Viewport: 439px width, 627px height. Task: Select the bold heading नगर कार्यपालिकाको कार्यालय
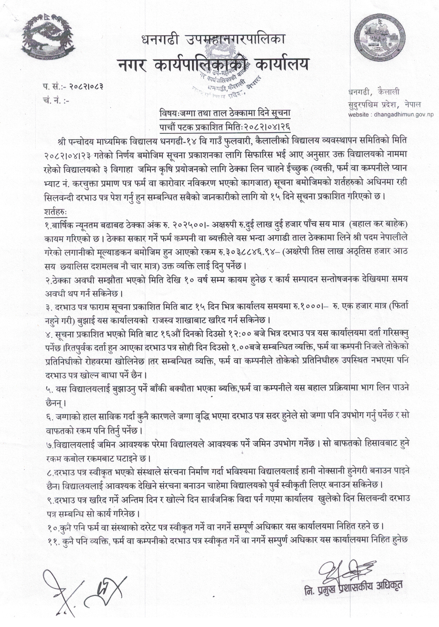(x=213, y=64)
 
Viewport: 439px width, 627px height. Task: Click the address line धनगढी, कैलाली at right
(x=373, y=93)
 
